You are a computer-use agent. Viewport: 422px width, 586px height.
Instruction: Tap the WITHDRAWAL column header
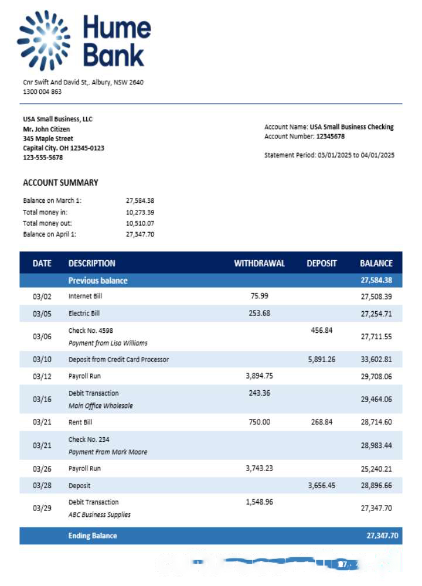coord(259,263)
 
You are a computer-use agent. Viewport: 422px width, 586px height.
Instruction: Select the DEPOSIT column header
coord(321,263)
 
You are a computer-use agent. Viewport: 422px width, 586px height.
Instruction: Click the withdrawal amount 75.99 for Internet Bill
coord(258,295)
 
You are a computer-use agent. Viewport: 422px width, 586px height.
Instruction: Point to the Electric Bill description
coord(84,313)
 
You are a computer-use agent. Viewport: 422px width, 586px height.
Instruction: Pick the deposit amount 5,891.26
coord(321,359)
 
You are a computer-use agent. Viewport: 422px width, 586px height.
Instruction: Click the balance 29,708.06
coord(376,376)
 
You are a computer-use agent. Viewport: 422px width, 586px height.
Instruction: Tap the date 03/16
coord(42,399)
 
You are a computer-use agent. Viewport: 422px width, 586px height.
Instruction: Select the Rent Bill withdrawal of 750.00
coord(258,421)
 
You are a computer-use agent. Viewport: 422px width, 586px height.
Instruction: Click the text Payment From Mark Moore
coord(107,452)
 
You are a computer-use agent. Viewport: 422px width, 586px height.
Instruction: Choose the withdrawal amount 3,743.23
coord(259,468)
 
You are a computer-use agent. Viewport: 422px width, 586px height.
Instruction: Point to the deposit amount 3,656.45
coord(321,485)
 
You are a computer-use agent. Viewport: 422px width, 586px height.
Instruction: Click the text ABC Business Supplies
coord(99,515)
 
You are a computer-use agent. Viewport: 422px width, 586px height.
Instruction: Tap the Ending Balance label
coord(92,536)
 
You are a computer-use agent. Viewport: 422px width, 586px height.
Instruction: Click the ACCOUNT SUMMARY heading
coord(60,182)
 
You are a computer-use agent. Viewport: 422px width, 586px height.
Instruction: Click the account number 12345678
coord(331,137)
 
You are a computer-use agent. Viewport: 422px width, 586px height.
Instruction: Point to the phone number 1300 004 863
coord(42,91)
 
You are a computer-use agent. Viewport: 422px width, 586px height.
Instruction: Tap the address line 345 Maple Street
coord(48,139)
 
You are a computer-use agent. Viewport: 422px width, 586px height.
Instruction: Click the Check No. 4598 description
coord(90,331)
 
